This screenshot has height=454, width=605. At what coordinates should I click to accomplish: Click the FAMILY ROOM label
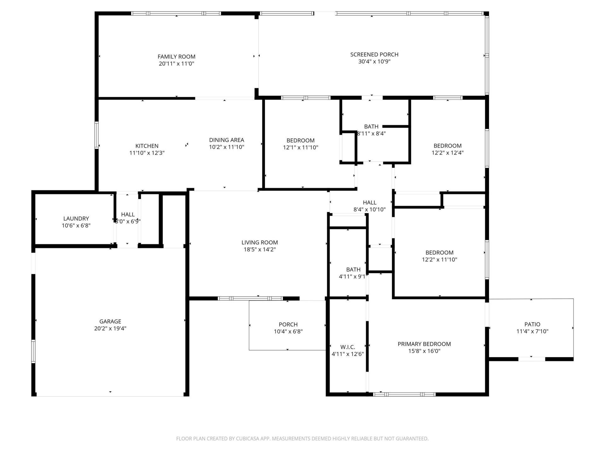point(176,57)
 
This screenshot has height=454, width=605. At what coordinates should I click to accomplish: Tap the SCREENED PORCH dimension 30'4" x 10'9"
point(374,61)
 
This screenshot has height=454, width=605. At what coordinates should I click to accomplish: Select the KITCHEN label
point(147,146)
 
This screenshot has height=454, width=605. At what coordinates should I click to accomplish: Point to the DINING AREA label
point(227,140)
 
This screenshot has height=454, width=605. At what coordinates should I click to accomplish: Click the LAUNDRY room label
point(76,218)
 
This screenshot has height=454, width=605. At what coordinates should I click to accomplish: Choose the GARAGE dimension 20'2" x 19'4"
point(110,329)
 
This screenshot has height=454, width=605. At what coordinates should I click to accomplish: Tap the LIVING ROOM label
point(260,242)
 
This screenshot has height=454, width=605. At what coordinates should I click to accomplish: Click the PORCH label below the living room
point(288,324)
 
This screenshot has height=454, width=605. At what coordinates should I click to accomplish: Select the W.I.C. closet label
point(348,347)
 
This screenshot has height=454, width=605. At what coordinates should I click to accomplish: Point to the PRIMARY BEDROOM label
point(424,344)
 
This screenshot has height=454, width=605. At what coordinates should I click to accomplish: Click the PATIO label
point(532,324)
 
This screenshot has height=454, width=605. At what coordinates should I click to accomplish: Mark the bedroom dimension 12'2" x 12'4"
point(447,153)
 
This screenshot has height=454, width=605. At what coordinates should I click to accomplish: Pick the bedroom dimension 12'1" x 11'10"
point(301,148)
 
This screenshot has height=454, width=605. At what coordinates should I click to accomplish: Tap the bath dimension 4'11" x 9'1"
point(353,277)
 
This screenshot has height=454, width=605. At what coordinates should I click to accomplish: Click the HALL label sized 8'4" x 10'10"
point(370,202)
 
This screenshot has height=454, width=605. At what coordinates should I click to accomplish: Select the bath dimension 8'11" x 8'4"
point(371,134)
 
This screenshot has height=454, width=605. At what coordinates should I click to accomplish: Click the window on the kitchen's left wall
point(97,135)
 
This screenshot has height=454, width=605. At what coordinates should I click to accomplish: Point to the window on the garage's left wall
point(33,351)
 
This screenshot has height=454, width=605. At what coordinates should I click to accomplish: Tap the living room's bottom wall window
point(251,298)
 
